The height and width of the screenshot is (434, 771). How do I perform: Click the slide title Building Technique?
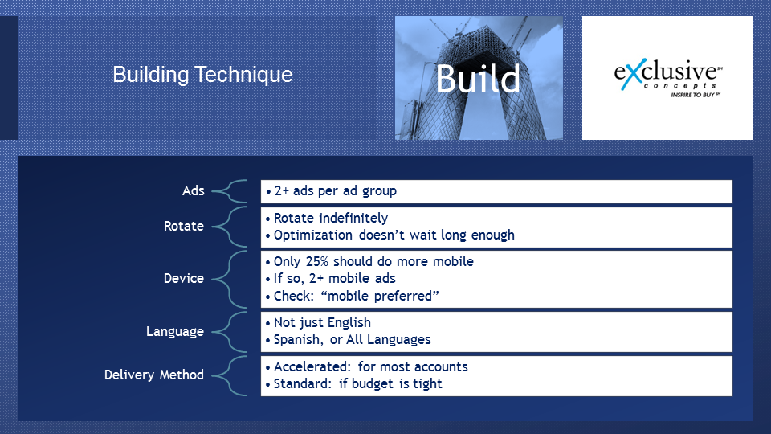(202, 75)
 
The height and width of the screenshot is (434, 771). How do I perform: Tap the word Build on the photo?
(477, 79)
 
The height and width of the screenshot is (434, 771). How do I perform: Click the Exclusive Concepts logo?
(668, 78)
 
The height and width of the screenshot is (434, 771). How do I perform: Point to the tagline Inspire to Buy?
(696, 95)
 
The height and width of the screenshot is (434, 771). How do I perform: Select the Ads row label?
(194, 191)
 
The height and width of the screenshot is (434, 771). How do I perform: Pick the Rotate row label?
(183, 227)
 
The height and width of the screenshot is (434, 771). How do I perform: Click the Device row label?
(183, 279)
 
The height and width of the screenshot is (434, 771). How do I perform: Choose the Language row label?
(174, 332)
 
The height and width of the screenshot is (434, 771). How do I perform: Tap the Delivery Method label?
(154, 375)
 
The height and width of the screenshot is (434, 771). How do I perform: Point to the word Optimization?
(312, 235)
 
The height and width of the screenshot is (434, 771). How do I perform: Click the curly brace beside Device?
(230, 279)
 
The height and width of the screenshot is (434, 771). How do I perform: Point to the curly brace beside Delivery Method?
(230, 375)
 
